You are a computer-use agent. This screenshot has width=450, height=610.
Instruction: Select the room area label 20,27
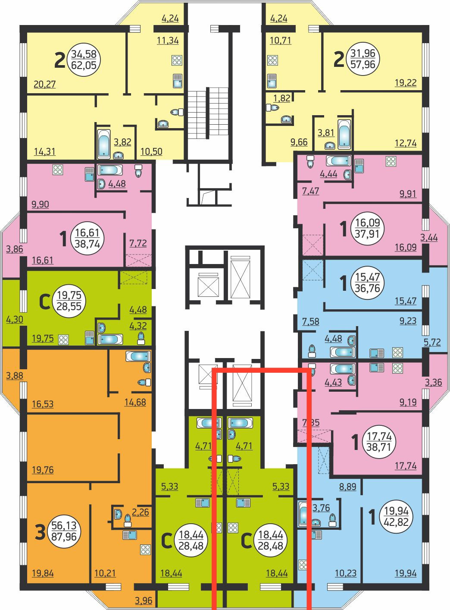(x=44, y=84)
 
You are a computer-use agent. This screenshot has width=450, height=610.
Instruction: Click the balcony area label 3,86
(x=15, y=249)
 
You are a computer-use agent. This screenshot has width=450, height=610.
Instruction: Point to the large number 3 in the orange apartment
(x=40, y=533)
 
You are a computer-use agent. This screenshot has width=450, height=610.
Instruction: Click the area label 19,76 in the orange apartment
(x=43, y=470)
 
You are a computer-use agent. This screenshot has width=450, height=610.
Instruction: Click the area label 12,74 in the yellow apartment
(x=406, y=143)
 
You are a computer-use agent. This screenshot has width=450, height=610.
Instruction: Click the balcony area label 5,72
(x=432, y=342)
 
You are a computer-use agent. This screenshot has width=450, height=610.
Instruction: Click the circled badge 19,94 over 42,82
(x=396, y=517)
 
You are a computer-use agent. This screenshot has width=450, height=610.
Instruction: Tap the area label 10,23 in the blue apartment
(x=346, y=573)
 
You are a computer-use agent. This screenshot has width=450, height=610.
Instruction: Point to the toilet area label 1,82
(x=282, y=98)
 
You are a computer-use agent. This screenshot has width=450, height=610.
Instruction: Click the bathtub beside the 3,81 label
(x=344, y=134)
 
